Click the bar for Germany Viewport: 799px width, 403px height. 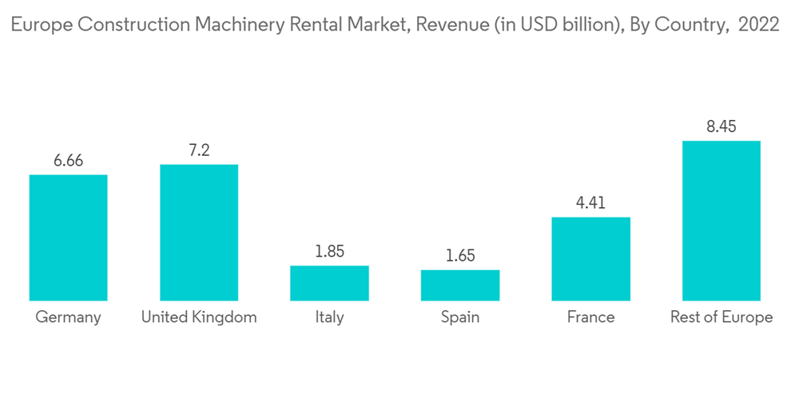(68, 237)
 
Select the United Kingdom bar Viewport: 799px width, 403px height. (199, 233)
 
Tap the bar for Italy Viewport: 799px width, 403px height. (329, 283)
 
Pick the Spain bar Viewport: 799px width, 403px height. (460, 285)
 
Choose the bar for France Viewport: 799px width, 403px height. (591, 259)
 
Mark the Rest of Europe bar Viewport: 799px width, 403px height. (721, 221)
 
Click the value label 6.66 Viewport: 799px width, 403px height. (68, 162)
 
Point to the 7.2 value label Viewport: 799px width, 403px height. (199, 150)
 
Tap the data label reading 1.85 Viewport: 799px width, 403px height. (329, 252)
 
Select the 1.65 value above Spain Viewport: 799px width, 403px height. (460, 256)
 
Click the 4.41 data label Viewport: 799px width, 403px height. (591, 203)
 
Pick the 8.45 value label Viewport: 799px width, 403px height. (721, 127)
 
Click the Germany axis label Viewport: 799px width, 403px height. (68, 317)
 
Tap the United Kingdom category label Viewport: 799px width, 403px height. (199, 317)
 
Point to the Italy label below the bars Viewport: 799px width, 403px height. (329, 317)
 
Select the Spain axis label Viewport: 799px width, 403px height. (460, 317)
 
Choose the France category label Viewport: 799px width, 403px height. (591, 317)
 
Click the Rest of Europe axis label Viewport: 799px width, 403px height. (721, 317)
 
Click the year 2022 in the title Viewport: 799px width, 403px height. (759, 25)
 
